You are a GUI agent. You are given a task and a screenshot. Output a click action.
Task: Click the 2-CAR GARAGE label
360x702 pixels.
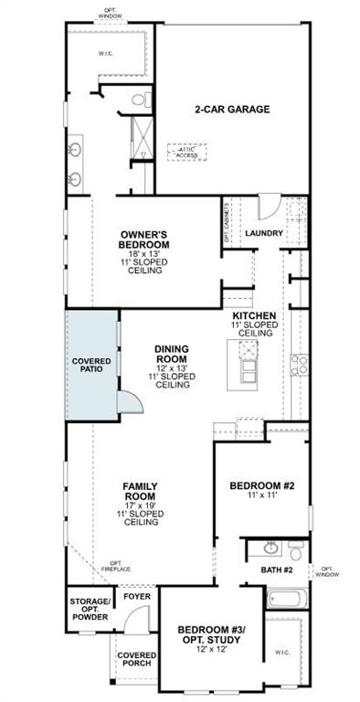232,109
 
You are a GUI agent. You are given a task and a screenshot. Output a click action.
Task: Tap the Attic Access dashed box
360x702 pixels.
186,152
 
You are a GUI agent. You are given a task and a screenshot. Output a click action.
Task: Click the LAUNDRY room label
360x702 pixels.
264,233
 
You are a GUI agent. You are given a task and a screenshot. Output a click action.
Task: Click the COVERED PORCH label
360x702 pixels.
135,661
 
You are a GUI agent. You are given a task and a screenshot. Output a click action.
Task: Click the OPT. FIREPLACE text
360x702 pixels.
115,567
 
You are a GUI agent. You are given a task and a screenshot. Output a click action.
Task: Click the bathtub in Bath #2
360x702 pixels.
287,601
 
